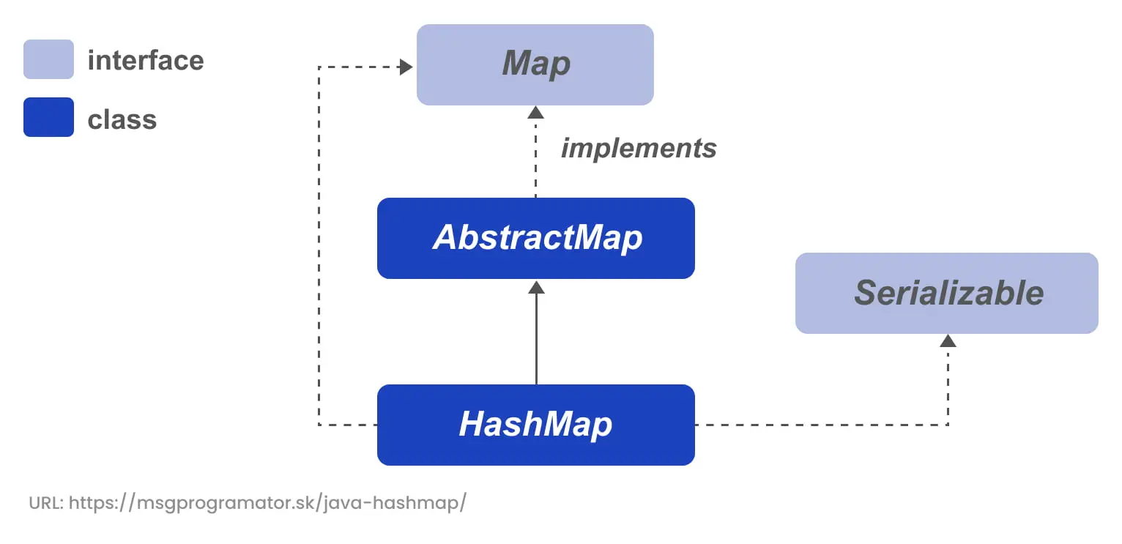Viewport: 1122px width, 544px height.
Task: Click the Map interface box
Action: point(535,64)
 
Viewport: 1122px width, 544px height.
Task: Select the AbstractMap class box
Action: point(535,238)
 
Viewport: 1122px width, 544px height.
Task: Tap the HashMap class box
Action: point(535,425)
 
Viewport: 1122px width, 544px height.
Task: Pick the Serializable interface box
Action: point(947,293)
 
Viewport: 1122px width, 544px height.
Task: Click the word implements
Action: point(639,149)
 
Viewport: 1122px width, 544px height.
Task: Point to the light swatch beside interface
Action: point(48,59)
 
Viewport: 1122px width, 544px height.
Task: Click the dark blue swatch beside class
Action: point(48,117)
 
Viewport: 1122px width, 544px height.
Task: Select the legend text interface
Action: point(146,60)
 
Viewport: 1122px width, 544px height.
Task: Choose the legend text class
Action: point(122,119)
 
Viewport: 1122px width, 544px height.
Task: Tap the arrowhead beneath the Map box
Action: point(536,112)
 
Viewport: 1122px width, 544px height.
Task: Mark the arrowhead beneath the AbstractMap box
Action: point(536,286)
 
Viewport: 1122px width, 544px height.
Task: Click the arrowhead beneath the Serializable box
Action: point(948,340)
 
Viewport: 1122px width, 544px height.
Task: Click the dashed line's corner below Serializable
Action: point(948,425)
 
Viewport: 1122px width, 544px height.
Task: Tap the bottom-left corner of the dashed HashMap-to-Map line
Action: point(319,425)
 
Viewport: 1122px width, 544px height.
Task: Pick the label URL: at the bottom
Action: point(45,504)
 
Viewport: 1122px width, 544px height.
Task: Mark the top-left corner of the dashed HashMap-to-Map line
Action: point(319,67)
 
